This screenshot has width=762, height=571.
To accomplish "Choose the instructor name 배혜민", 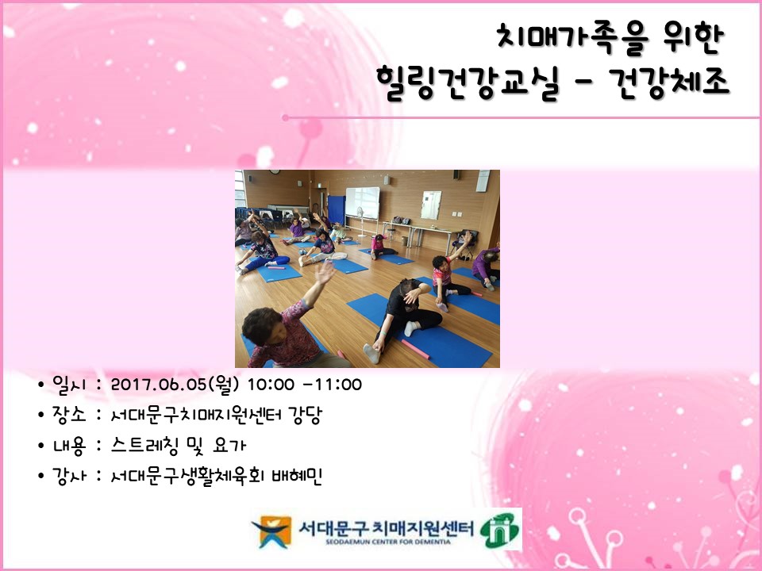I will coord(297,476).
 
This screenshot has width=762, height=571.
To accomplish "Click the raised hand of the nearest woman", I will coord(324,273).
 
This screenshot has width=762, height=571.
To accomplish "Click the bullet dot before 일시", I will coord(40,386).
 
